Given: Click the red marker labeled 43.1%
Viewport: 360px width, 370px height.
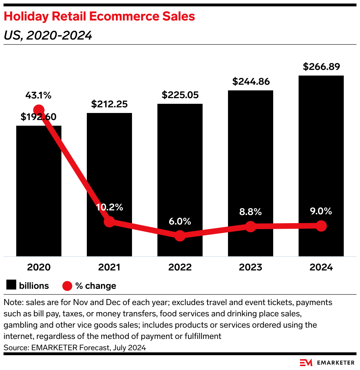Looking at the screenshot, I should coord(38,110).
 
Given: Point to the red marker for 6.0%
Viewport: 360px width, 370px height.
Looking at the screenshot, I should coord(180,235).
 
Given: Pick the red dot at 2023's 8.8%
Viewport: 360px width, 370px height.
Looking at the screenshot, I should coord(251,226).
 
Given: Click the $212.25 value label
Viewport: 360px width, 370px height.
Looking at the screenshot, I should coord(109,104).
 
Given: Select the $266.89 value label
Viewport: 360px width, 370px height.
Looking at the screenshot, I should coord(321,67).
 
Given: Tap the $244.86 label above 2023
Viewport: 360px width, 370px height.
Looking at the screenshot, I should coord(251,82).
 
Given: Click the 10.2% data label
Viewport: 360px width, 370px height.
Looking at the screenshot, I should coord(109,207).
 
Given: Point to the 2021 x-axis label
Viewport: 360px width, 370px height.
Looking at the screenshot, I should coord(109,267).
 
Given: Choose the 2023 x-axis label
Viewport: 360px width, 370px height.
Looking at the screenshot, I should coord(251,267).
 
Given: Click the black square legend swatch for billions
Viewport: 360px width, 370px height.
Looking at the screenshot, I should coord(11,285).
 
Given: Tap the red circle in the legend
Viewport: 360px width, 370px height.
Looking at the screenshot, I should coord(67,286).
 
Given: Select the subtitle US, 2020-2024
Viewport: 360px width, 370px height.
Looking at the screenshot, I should coord(48,35).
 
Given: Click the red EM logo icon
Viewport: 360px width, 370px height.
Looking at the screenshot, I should coord(306,363).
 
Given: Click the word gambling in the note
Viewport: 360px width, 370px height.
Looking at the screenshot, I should coord(20,325).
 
